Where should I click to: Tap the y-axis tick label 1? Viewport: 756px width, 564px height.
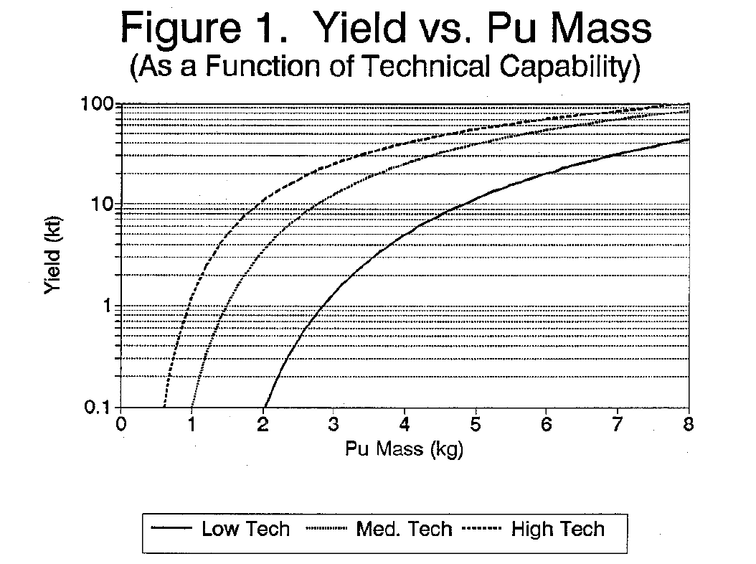(110, 306)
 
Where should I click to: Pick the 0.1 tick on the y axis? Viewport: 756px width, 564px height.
(102, 408)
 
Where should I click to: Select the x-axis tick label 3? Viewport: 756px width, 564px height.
(334, 421)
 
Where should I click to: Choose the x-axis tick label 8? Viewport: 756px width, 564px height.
(689, 421)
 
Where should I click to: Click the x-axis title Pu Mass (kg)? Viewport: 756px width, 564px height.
(405, 450)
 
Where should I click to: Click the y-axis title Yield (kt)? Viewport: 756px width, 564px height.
(53, 255)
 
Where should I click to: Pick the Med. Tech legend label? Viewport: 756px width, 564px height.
(404, 530)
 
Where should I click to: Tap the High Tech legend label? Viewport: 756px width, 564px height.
(557, 530)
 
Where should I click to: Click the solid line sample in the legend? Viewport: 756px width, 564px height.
(172, 530)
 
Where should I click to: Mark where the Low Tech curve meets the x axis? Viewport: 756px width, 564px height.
(265, 407)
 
